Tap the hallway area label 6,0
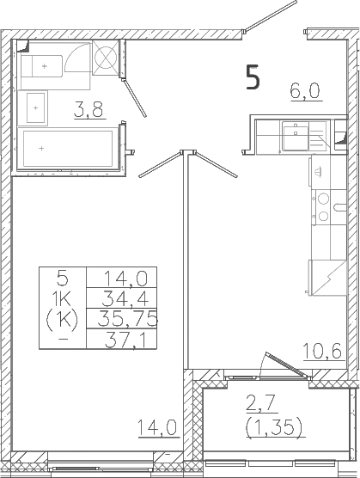(x=306, y=91)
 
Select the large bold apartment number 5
(x=253, y=77)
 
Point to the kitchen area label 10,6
(x=322, y=352)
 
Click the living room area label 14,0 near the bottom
(x=157, y=427)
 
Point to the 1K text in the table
(x=62, y=299)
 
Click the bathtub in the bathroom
(x=68, y=149)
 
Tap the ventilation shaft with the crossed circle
(x=105, y=57)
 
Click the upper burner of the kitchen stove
(x=323, y=199)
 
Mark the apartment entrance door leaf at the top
(x=270, y=15)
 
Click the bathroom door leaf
(x=134, y=98)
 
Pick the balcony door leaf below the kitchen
(x=287, y=365)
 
